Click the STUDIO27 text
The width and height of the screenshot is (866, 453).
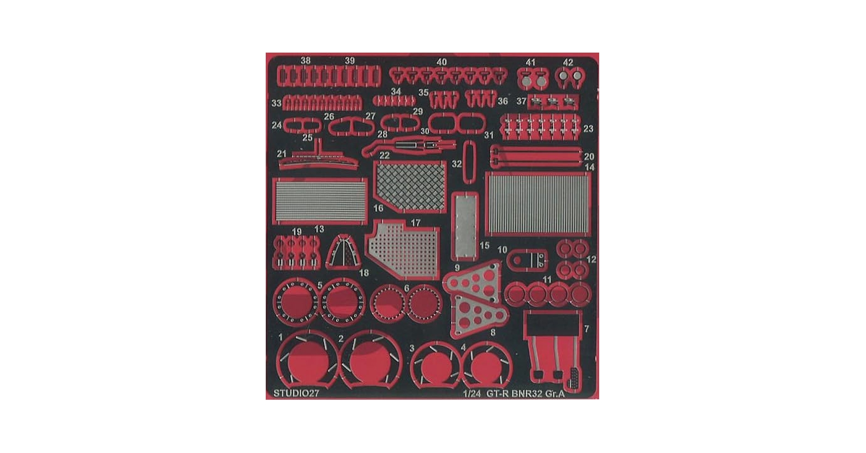pyautogui.click(x=296, y=393)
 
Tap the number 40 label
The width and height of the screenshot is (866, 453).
pyautogui.click(x=441, y=62)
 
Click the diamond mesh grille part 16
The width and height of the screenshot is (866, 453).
pyautogui.click(x=410, y=186)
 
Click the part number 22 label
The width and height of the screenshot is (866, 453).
pyautogui.click(x=384, y=155)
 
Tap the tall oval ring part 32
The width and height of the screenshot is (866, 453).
pyautogui.click(x=470, y=160)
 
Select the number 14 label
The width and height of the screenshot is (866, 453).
pyautogui.click(x=589, y=167)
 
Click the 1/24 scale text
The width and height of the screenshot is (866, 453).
pyautogui.click(x=472, y=393)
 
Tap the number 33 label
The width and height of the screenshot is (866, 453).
pyautogui.click(x=277, y=103)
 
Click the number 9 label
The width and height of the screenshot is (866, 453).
pyautogui.click(x=457, y=268)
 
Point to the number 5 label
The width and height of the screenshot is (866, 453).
pyautogui.click(x=320, y=285)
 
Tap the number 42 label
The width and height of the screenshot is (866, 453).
pyautogui.click(x=568, y=63)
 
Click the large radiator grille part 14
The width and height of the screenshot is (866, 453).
pyautogui.click(x=538, y=204)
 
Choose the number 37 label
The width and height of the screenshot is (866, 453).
pyautogui.click(x=521, y=101)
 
